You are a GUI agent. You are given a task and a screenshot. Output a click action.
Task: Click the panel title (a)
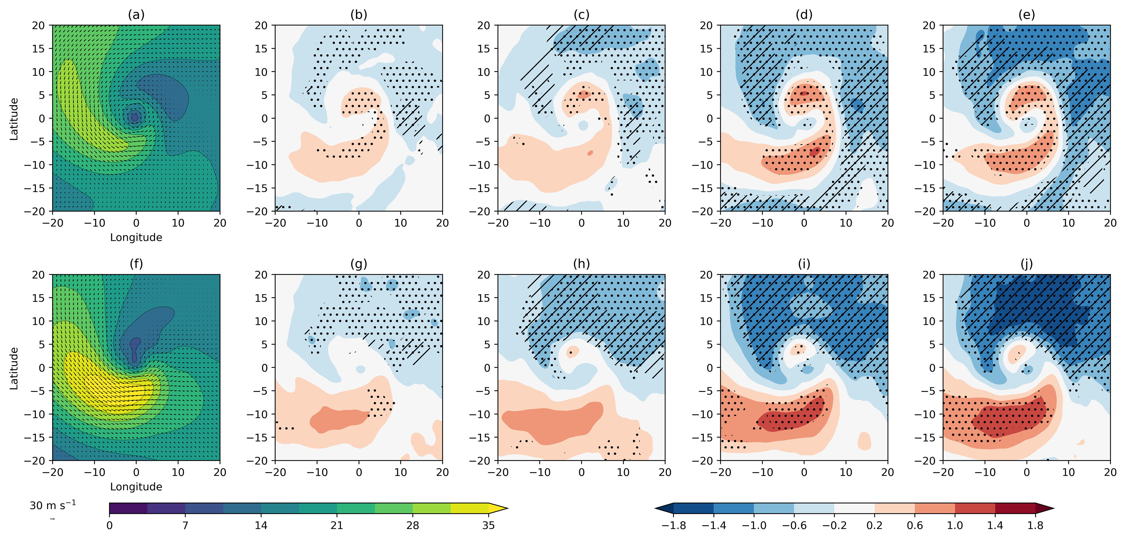[x=136, y=15]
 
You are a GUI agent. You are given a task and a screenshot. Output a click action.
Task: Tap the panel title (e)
[x=1026, y=15]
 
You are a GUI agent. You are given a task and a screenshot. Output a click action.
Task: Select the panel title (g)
[x=359, y=264]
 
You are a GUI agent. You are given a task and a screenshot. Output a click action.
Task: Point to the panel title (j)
[x=1026, y=264]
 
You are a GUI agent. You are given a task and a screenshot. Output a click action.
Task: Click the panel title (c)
[x=581, y=15]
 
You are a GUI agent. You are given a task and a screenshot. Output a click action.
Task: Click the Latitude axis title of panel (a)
[x=14, y=119]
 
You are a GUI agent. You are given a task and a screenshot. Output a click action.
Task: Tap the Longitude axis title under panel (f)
[x=136, y=487]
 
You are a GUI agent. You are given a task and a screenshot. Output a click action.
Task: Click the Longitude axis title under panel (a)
[x=136, y=238]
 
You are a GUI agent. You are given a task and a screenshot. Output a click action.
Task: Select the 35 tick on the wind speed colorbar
[x=488, y=525]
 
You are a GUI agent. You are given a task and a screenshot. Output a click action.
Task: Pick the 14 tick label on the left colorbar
[x=261, y=525]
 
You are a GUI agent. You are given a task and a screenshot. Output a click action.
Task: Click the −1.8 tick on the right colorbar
[x=673, y=525]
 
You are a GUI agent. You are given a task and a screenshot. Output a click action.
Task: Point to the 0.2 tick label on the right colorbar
[x=874, y=525]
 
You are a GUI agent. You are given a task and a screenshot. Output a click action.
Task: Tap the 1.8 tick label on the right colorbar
[x=1035, y=525]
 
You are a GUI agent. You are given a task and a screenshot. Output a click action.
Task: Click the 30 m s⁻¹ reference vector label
[x=52, y=506]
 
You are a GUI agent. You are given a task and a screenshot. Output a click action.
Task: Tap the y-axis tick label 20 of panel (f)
[x=39, y=275]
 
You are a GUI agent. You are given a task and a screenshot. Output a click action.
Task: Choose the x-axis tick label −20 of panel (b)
[x=275, y=223]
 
